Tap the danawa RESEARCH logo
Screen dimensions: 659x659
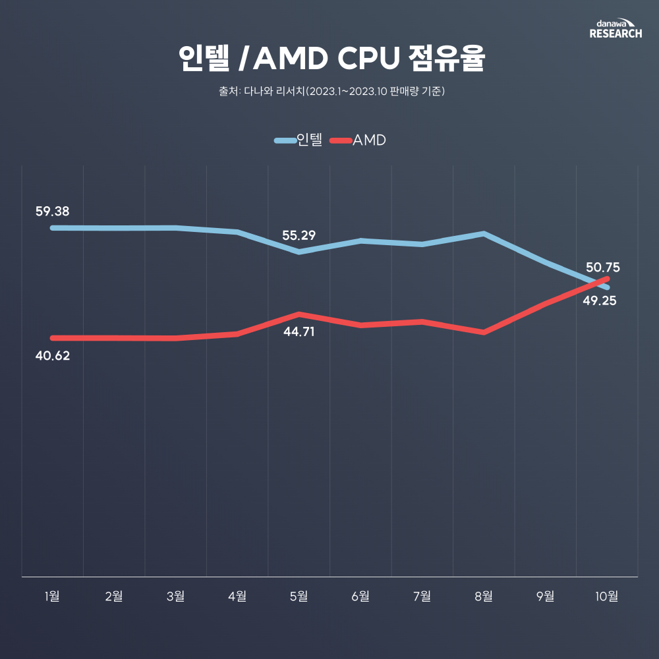[615, 28]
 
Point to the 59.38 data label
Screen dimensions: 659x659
[53, 212]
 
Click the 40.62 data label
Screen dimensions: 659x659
[53, 356]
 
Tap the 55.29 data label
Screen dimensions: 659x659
[299, 235]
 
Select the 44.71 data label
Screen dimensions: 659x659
[299, 331]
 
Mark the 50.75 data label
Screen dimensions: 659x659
[603, 268]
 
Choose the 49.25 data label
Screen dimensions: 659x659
[599, 301]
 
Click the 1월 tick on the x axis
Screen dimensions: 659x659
[53, 596]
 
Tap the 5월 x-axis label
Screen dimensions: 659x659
[299, 596]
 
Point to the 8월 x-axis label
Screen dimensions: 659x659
[484, 596]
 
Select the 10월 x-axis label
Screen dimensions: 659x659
[607, 596]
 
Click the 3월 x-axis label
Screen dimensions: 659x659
[176, 596]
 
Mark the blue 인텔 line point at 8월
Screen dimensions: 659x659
[484, 233]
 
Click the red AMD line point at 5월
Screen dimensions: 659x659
[299, 314]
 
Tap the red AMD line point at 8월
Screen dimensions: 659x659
[484, 333]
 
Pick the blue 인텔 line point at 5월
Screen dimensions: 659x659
[299, 252]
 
